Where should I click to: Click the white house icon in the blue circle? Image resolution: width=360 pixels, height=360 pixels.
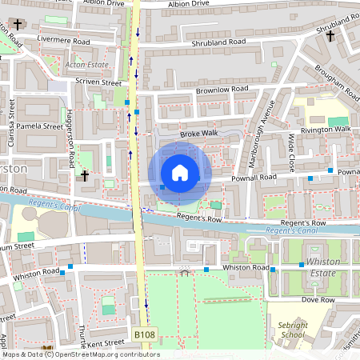[x=180, y=172]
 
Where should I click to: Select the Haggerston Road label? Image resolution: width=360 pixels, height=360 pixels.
[x=71, y=131]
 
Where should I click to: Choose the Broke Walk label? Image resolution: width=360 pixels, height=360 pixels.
[x=198, y=134]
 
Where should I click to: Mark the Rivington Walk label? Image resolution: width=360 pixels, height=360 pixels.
[x=326, y=129]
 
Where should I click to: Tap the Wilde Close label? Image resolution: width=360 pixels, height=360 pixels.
[x=292, y=154]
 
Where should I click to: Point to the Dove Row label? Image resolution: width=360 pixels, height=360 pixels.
[x=318, y=299]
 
